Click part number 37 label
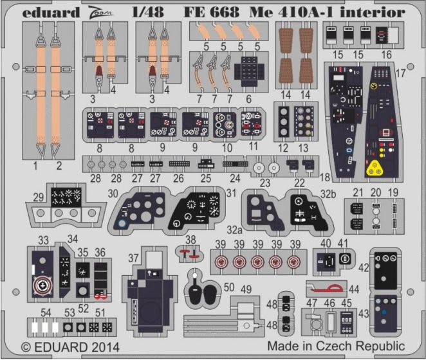[134, 258]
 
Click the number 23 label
[265, 182]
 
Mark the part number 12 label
[283, 147]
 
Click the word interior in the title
[376, 12]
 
